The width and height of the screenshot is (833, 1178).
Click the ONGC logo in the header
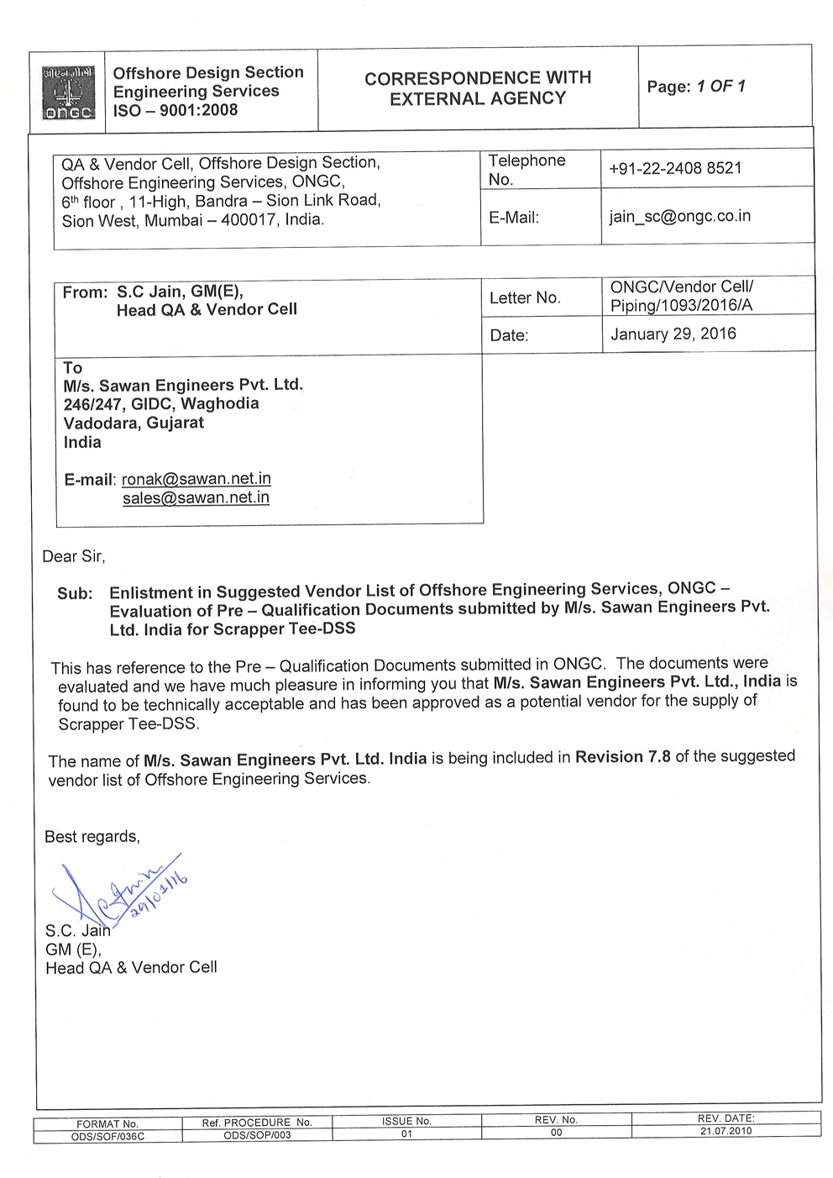68,92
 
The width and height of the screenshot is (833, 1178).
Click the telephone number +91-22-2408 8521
675,168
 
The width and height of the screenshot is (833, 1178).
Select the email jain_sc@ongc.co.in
679,216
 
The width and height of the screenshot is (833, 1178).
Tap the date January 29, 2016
673,334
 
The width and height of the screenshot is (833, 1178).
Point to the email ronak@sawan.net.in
196,479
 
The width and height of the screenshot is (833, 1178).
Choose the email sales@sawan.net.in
196,497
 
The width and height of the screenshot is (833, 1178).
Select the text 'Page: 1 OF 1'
695,87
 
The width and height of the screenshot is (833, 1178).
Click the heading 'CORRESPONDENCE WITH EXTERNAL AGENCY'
477,88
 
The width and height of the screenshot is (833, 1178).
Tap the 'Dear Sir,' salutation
74,556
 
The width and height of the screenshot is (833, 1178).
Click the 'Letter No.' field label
524,297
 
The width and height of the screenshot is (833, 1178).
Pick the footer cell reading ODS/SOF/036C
108,1137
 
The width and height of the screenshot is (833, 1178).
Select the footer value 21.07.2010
726,1131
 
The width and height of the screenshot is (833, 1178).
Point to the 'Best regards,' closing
92,837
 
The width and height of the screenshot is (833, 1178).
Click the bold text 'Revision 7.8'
622,757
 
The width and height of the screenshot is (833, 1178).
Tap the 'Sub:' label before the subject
75,593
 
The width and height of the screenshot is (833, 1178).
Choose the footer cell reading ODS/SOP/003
257,1135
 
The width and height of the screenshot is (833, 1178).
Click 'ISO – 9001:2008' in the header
176,110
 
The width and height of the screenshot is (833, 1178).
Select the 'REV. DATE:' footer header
726,1118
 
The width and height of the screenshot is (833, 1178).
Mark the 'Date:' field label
509,335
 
